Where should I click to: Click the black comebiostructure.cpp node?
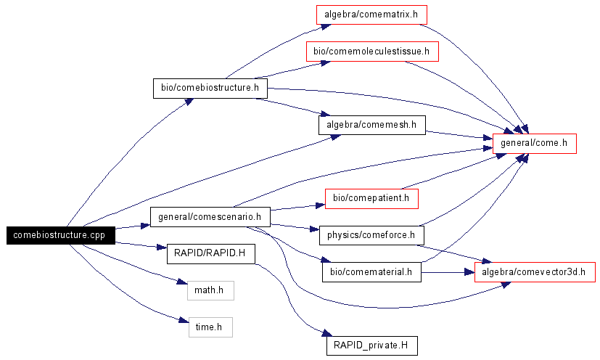click(59, 235)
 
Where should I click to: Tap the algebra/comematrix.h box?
click(371, 15)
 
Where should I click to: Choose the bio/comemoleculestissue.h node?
click(372, 52)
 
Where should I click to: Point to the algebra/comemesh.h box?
click(371, 125)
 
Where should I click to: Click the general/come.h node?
click(534, 144)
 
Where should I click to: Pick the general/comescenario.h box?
click(209, 216)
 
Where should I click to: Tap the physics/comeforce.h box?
click(371, 234)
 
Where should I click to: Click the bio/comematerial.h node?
click(371, 272)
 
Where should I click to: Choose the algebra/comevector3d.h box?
click(535, 272)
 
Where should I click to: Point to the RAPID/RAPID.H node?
click(210, 254)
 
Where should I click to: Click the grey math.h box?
click(210, 291)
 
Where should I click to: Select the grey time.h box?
click(210, 327)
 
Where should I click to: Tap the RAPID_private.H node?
click(371, 345)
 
